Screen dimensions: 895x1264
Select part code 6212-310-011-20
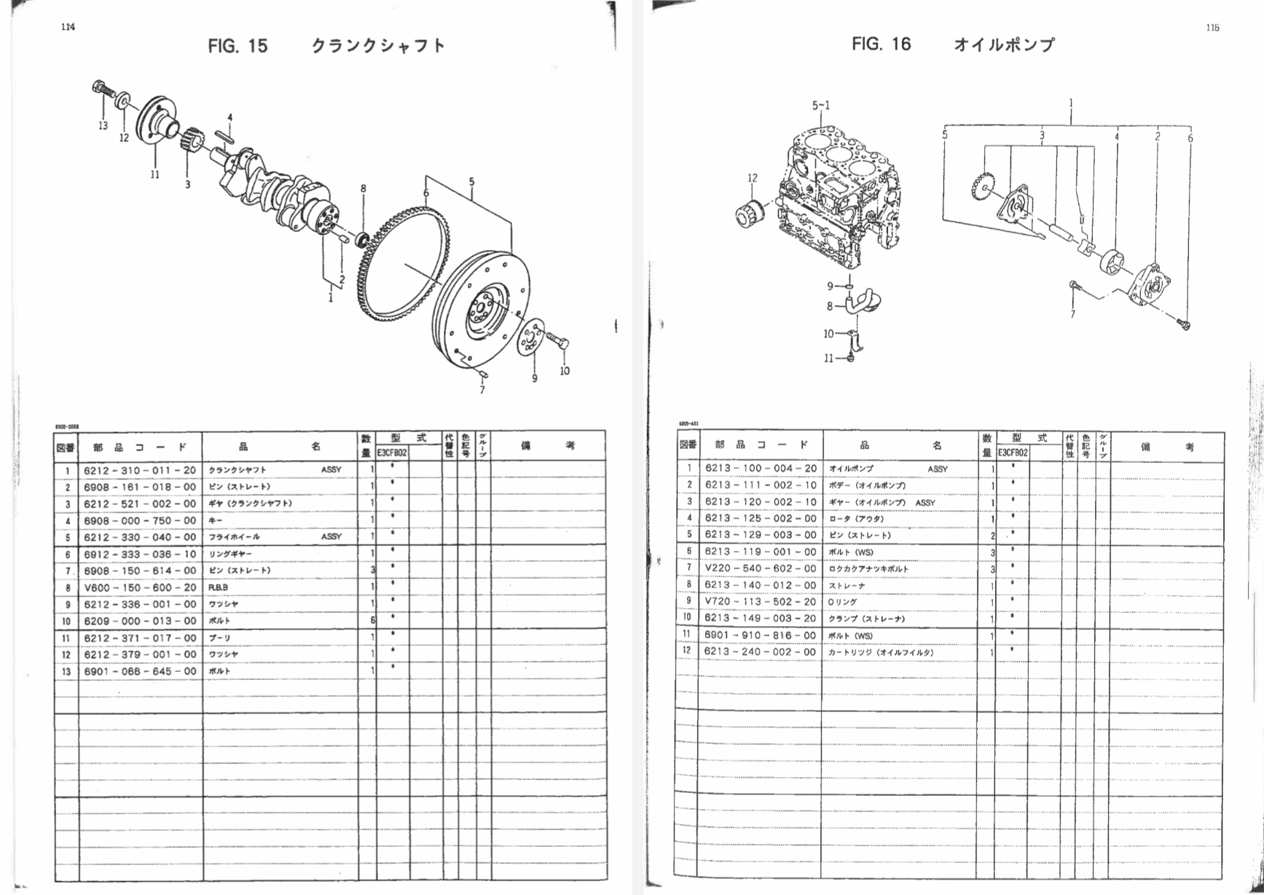click(x=140, y=470)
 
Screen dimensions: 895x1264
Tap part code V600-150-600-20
click(x=140, y=587)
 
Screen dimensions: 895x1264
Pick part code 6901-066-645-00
click(x=140, y=671)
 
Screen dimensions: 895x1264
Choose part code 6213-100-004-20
click(x=761, y=468)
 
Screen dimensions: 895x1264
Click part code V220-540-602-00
click(x=761, y=568)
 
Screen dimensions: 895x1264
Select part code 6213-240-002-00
click(x=761, y=652)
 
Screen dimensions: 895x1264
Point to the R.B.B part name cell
click(x=219, y=587)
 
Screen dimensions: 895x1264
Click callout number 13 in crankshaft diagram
click(x=103, y=125)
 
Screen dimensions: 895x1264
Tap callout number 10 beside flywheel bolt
click(x=565, y=371)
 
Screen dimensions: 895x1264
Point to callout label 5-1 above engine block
click(x=820, y=106)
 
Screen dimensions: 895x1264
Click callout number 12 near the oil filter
click(x=753, y=177)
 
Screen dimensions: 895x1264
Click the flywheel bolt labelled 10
click(x=557, y=342)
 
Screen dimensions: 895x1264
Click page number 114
click(x=68, y=28)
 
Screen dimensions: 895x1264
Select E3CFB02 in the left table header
click(x=392, y=453)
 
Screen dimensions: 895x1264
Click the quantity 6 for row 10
click(x=373, y=621)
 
